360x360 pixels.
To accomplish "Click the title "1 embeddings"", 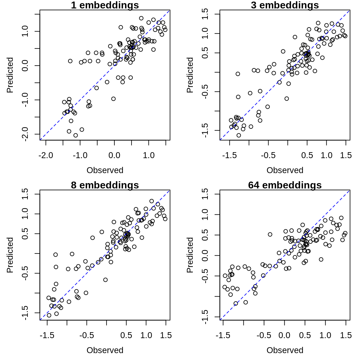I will (105, 5).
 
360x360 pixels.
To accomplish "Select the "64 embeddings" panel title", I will (285, 185).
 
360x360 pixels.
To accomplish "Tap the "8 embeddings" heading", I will (105, 185).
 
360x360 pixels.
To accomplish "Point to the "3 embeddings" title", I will (285, 5).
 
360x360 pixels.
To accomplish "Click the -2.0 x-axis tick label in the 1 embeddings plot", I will (46, 155).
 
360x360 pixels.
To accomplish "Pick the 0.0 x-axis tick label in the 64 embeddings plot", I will (284, 335).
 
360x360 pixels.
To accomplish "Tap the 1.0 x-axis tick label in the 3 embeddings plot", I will (327, 155).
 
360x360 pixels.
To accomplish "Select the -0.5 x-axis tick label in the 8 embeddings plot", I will (87, 335).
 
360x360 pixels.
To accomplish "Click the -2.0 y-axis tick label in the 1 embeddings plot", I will (26, 134).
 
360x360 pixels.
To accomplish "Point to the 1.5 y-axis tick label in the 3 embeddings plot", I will (205, 14).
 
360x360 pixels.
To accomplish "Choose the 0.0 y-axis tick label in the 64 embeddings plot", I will (205, 255).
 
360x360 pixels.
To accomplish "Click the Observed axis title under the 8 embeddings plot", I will (105, 350).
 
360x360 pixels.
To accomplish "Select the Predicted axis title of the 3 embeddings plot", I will (190, 75).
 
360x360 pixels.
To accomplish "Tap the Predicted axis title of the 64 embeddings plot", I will (190, 255).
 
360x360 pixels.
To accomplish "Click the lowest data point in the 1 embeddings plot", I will (76, 135).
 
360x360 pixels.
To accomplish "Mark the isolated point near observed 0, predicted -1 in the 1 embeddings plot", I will (113, 99).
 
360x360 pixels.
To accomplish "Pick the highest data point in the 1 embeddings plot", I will (141, 18).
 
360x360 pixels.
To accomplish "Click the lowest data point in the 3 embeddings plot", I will (239, 135).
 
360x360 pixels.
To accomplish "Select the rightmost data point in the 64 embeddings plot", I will (345, 233).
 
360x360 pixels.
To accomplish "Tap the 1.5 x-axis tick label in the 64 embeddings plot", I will (346, 335).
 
